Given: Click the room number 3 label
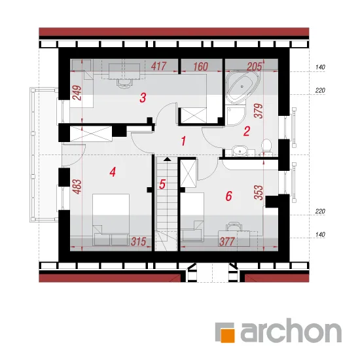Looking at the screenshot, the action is click(x=143, y=98).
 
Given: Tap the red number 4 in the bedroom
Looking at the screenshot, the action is click(x=113, y=171).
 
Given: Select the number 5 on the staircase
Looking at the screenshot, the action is click(x=162, y=184).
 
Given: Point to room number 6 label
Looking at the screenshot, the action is click(x=228, y=196).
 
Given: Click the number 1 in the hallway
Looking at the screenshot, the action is click(x=183, y=141).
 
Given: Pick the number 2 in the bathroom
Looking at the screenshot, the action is click(x=246, y=131).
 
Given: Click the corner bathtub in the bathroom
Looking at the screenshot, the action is click(x=242, y=88).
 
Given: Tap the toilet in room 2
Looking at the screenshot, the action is click(x=266, y=147).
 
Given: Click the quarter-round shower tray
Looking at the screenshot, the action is click(x=234, y=115).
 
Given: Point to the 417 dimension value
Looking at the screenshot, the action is click(x=158, y=66).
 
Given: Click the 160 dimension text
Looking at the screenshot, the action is click(x=200, y=67).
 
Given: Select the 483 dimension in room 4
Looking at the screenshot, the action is click(x=78, y=187).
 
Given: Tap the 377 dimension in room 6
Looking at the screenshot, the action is click(x=227, y=242).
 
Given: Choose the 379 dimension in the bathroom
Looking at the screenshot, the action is click(x=259, y=111).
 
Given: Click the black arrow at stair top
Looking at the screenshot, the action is click(x=168, y=159).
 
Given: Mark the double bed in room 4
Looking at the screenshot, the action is click(x=111, y=220).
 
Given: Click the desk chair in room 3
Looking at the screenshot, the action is click(x=124, y=83).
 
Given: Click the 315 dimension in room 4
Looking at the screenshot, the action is click(x=139, y=242).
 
